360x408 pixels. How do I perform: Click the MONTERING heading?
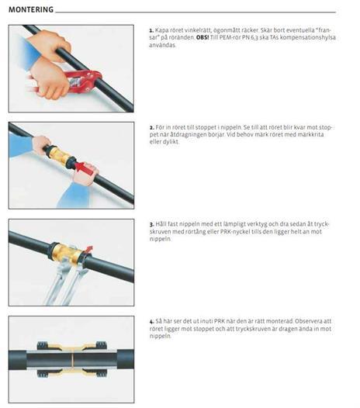(x=31, y=9)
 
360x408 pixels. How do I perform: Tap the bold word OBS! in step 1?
(x=202, y=37)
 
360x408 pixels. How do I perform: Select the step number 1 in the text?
(x=151, y=30)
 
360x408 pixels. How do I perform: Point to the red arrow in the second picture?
(x=84, y=167)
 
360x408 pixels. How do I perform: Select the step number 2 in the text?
(x=152, y=128)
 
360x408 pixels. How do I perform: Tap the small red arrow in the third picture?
(x=88, y=249)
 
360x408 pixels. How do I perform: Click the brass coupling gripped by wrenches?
(x=68, y=252)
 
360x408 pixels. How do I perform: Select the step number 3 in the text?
(x=152, y=224)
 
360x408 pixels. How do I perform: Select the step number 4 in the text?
(x=152, y=322)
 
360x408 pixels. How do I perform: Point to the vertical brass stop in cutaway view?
(x=72, y=360)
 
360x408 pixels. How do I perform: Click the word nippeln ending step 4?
(x=160, y=336)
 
